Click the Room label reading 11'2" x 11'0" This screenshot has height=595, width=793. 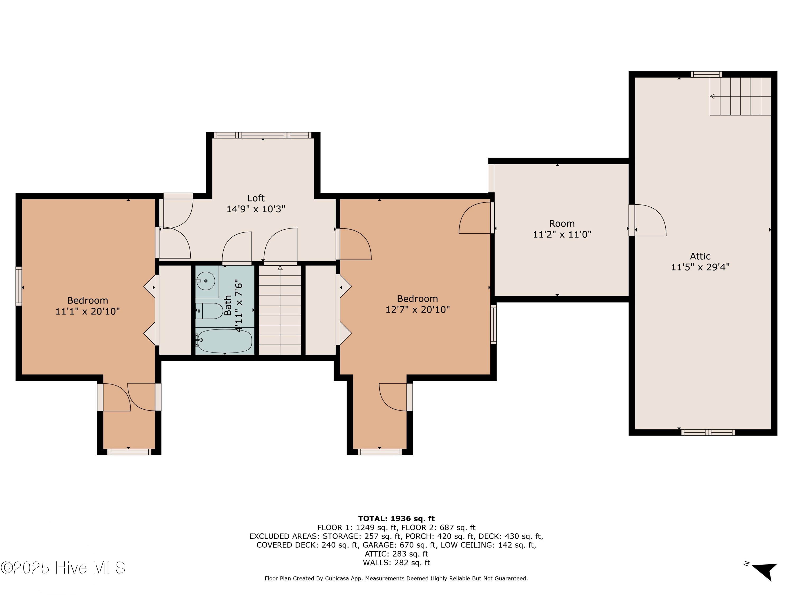click(x=562, y=235)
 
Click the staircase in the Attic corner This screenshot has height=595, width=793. click(x=740, y=96)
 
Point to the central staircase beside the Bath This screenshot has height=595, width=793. click(x=280, y=310)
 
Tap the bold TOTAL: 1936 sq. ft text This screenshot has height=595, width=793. click(x=396, y=519)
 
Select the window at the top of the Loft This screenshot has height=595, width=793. click(x=263, y=135)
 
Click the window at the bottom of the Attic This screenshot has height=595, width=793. click(x=708, y=433)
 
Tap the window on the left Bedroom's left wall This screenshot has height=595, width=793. click(x=19, y=286)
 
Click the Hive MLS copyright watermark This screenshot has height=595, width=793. click(x=63, y=568)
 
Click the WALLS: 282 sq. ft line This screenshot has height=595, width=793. click(x=396, y=563)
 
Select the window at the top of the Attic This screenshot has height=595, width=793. click(x=706, y=74)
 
